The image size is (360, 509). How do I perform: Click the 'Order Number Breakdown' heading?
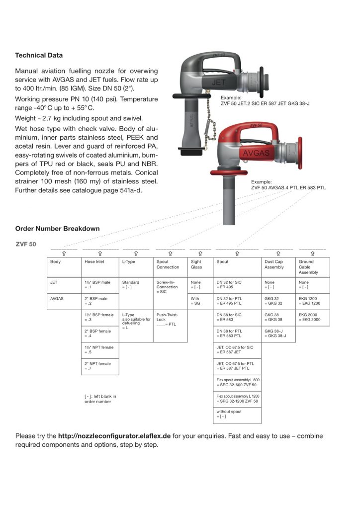pos(57,229)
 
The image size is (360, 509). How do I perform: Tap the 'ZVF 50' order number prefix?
pos(25,244)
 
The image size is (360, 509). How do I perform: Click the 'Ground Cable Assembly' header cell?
pos(313,267)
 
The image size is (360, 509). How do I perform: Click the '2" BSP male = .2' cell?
pos(99,301)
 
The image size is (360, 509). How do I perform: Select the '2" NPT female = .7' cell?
pos(99,366)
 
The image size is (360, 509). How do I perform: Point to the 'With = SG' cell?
pos(200,301)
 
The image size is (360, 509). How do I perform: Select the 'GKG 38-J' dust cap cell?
pos(279,334)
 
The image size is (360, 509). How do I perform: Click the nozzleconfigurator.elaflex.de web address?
pos(114,436)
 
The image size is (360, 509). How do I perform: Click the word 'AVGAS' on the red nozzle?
pos(256,153)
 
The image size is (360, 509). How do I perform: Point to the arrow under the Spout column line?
pos(237,253)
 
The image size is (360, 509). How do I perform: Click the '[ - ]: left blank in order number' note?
pos(100,399)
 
